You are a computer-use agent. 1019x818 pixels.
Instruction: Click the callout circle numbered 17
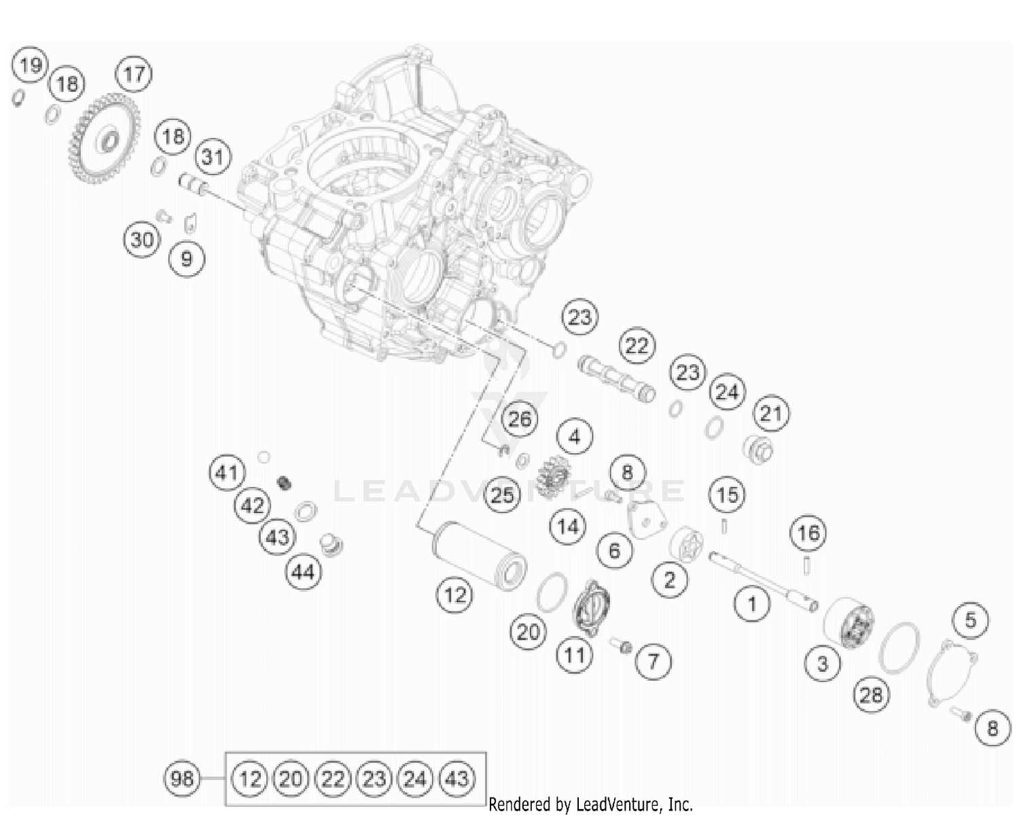134,73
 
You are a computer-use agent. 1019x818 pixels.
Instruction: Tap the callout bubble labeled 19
30,66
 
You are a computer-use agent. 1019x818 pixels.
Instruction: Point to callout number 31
213,157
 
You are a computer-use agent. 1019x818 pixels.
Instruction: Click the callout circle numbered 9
187,258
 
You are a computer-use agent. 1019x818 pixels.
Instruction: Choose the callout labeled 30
142,240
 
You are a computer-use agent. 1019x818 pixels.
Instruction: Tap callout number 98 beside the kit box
182,778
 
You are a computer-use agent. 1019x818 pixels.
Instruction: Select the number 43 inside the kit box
457,778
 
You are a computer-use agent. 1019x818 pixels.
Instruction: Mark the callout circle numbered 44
303,572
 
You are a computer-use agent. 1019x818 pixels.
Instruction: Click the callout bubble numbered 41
227,472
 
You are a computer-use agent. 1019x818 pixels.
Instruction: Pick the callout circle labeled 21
771,413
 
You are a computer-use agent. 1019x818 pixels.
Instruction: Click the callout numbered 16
808,533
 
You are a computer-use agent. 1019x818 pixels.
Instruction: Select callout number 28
872,694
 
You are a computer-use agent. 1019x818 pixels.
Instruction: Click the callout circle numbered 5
971,620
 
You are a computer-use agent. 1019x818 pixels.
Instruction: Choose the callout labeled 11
575,655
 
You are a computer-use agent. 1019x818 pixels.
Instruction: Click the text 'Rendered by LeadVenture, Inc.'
590,805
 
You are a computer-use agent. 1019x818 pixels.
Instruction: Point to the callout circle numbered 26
520,419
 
